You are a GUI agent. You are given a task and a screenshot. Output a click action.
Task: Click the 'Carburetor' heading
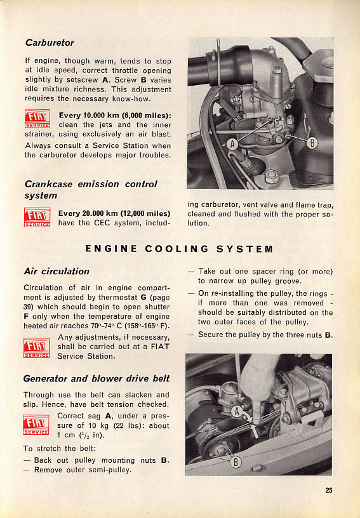(50, 43)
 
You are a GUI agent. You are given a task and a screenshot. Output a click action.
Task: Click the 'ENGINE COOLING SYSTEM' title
(179, 249)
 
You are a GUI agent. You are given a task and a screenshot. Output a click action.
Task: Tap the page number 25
(329, 490)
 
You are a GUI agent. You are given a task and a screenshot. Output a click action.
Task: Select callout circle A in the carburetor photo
(232, 144)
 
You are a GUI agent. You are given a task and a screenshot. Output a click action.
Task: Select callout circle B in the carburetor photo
(312, 143)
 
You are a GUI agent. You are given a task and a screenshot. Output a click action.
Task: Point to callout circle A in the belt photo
(236, 411)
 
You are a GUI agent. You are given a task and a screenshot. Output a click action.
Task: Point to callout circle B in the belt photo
(236, 462)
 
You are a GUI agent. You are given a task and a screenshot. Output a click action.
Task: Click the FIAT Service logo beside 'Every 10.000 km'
(37, 119)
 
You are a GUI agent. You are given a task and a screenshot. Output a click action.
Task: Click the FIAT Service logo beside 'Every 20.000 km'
(37, 217)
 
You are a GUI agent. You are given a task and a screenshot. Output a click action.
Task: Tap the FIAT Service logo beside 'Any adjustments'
(37, 348)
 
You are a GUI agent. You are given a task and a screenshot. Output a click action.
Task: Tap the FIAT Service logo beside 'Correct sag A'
(36, 425)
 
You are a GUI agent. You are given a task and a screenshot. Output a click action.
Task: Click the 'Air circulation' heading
(57, 271)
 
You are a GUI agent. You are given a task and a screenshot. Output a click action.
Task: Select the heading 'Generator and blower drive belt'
(96, 378)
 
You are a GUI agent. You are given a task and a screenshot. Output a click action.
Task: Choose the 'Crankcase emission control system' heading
(91, 190)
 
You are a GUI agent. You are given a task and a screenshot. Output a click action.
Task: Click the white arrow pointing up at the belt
(255, 432)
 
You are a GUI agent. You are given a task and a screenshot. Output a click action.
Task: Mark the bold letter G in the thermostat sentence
(143, 297)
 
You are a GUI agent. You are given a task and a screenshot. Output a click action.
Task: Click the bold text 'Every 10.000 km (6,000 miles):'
(115, 116)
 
